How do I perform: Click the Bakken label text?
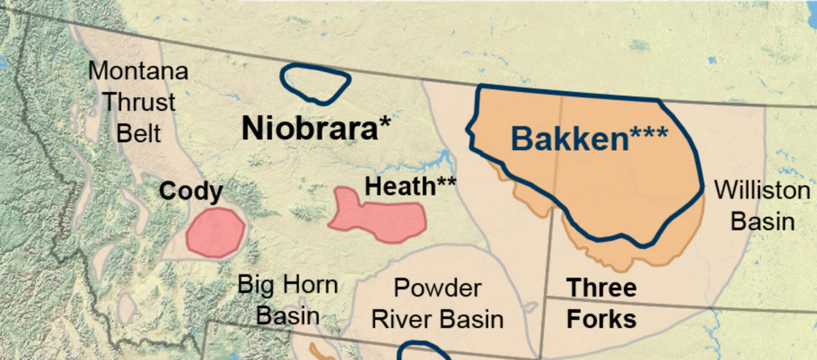click(x=590, y=139)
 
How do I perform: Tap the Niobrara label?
click(x=317, y=128)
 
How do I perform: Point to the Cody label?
click(x=191, y=191)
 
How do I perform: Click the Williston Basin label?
click(x=762, y=206)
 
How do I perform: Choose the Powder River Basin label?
click(x=438, y=304)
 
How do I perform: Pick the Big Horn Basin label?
click(x=287, y=299)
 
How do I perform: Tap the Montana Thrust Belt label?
click(x=139, y=101)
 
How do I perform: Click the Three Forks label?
click(x=601, y=303)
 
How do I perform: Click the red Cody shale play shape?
click(x=215, y=233)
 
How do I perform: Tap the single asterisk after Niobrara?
click(x=385, y=122)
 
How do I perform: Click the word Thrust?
click(x=139, y=102)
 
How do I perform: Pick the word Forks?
click(x=601, y=318)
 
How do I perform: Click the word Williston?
click(x=762, y=191)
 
